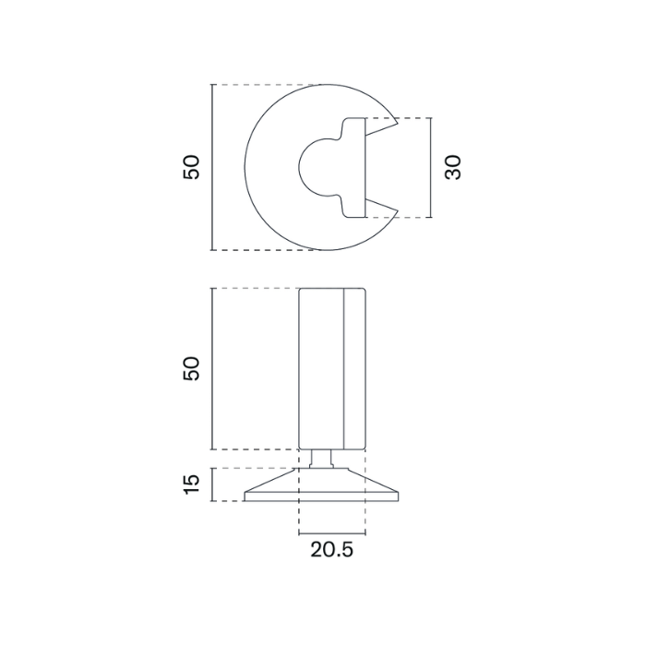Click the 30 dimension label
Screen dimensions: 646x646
[453, 167]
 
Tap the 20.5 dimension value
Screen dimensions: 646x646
[331, 549]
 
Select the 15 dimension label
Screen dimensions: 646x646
[191, 484]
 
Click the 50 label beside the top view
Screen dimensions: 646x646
[191, 167]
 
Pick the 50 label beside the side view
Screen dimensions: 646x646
[191, 369]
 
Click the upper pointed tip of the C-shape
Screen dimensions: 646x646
[398, 123]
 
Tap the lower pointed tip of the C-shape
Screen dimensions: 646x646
[398, 211]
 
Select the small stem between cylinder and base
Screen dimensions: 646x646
[320, 459]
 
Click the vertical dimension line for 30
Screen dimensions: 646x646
[431, 168]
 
